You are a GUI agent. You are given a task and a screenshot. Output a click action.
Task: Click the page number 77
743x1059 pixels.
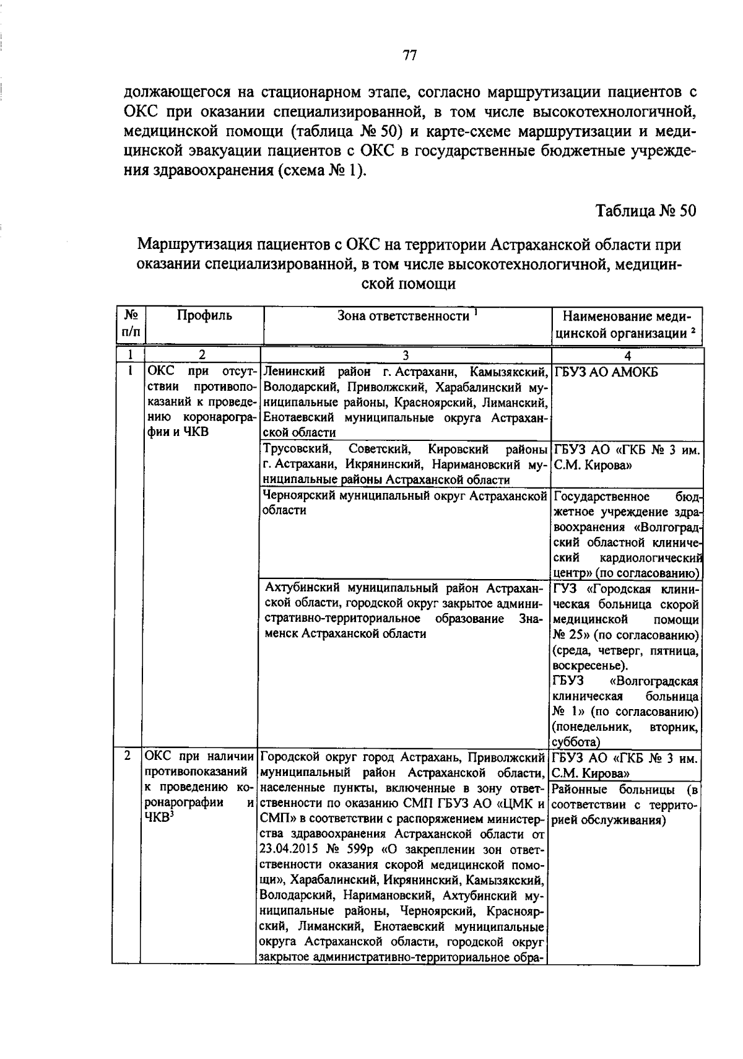coord(409,56)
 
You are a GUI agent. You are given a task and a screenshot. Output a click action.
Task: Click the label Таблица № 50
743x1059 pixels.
coord(646,211)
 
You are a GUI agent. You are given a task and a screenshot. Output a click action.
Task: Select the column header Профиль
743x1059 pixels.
coord(204,316)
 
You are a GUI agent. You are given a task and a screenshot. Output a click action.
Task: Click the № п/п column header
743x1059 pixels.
coord(131,324)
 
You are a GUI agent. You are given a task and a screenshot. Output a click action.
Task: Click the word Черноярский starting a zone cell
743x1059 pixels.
coord(300,496)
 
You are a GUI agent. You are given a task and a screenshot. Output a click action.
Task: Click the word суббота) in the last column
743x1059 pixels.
coord(575,742)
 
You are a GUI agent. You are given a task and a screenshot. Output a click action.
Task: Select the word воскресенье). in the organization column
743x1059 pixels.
coord(589,666)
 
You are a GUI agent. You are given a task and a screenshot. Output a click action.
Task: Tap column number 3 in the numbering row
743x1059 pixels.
coord(406,355)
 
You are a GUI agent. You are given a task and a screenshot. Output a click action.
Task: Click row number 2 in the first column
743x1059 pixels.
coord(128,756)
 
